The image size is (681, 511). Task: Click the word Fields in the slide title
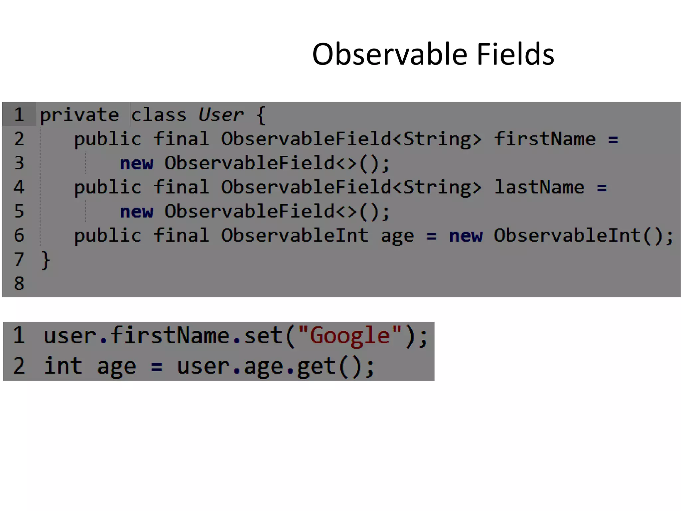click(x=515, y=54)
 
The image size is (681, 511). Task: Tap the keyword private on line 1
click(x=79, y=115)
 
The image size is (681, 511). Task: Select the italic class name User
click(x=221, y=115)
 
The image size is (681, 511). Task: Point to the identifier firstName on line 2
click(x=545, y=139)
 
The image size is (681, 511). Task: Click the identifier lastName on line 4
click(x=539, y=187)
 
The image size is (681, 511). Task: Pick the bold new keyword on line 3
click(x=136, y=163)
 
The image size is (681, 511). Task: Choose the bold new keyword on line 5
click(x=136, y=212)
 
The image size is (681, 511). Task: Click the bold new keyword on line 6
click(x=466, y=236)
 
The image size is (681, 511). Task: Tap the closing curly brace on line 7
click(x=45, y=260)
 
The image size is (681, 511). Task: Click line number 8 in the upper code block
click(x=19, y=284)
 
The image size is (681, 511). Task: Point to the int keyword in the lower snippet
click(x=63, y=366)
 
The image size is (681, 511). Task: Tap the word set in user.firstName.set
click(x=263, y=335)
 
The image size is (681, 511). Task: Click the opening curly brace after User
click(x=261, y=115)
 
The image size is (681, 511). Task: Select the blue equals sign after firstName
click(x=613, y=139)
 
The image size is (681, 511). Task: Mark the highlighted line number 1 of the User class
click(x=19, y=115)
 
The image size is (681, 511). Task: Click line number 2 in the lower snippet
click(x=19, y=366)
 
